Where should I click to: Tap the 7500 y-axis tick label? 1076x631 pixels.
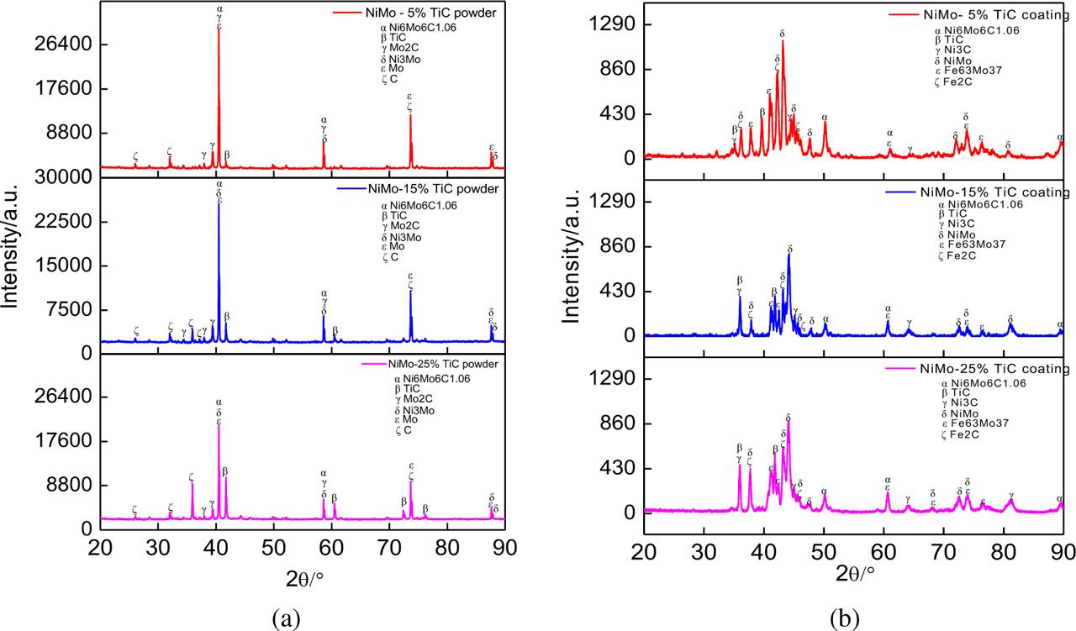(x=71, y=310)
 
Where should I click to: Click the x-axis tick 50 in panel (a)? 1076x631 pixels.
(x=274, y=545)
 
